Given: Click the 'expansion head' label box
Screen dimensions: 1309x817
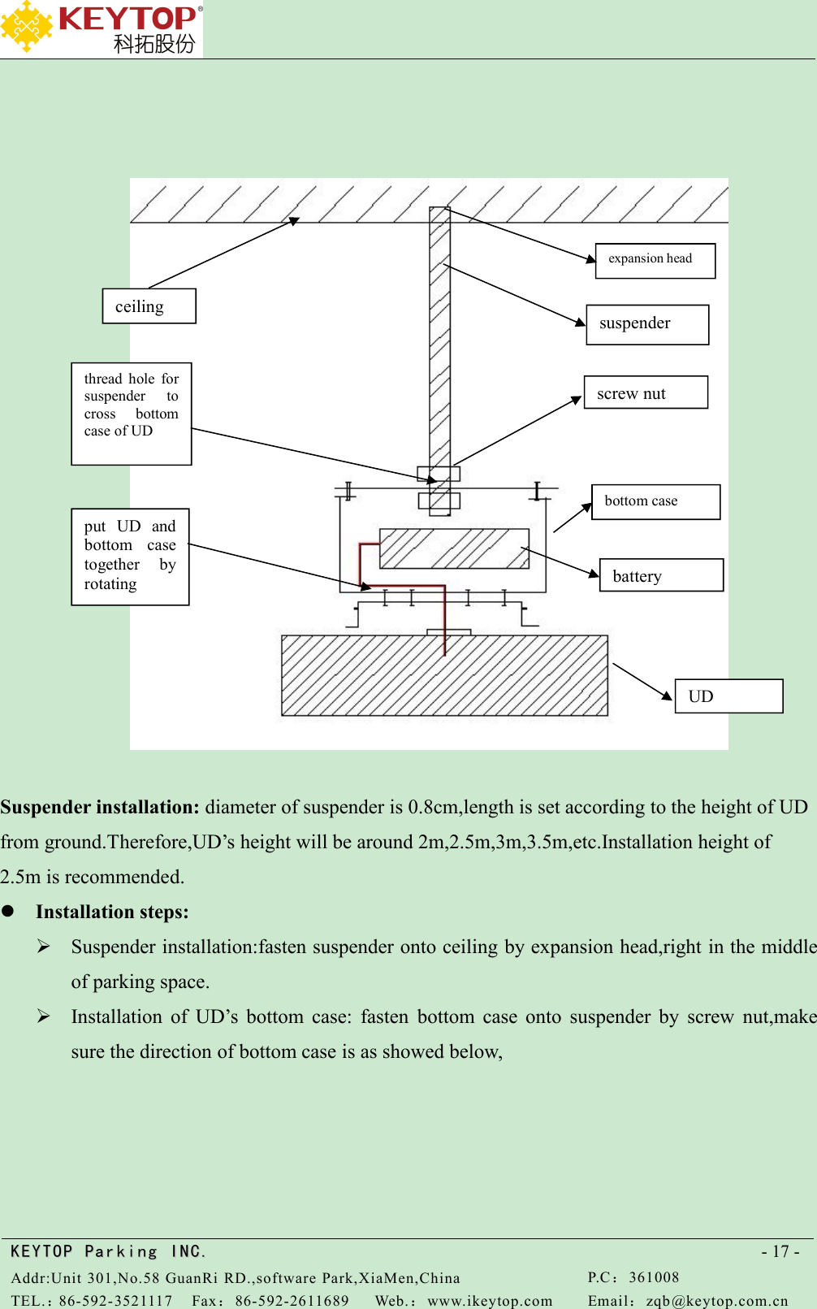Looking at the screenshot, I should pyautogui.click(x=655, y=261).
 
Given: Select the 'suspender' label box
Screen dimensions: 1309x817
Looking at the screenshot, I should pyautogui.click(x=647, y=324).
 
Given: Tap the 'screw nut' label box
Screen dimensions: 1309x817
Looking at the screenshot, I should pyautogui.click(x=646, y=392).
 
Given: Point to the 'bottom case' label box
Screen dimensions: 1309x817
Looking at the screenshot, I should pyautogui.click(x=655, y=501).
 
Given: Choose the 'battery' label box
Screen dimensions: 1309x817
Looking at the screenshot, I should pyautogui.click(x=661, y=575).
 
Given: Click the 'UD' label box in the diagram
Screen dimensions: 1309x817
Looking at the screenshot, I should pyautogui.click(x=728, y=696).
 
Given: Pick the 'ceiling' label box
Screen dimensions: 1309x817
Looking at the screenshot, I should pyautogui.click(x=149, y=306).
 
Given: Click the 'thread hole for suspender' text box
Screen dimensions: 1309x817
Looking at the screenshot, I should pyautogui.click(x=132, y=414).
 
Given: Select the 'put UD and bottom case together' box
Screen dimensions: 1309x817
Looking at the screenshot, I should pyautogui.click(x=130, y=557).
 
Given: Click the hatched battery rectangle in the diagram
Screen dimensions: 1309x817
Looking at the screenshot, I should pyautogui.click(x=454, y=548).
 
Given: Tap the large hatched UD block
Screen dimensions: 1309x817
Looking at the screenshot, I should pyautogui.click(x=444, y=675).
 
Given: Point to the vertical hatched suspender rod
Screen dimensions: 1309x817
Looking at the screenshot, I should pyautogui.click(x=439, y=341).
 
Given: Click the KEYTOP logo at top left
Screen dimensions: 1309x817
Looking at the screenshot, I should pyautogui.click(x=101, y=28).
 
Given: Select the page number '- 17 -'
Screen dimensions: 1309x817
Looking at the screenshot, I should pyautogui.click(x=780, y=1251).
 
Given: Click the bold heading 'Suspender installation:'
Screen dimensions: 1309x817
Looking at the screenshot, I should pyautogui.click(x=100, y=807).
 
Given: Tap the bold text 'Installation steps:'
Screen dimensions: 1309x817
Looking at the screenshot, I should pyautogui.click(x=112, y=912).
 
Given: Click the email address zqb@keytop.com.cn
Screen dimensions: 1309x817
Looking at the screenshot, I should pyautogui.click(x=717, y=1301).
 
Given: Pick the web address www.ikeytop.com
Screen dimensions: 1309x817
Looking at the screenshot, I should pyautogui.click(x=490, y=1301).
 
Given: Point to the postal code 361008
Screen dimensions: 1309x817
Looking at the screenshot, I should pyautogui.click(x=654, y=1277).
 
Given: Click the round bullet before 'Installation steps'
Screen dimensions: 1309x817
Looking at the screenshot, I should pyautogui.click(x=8, y=911).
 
